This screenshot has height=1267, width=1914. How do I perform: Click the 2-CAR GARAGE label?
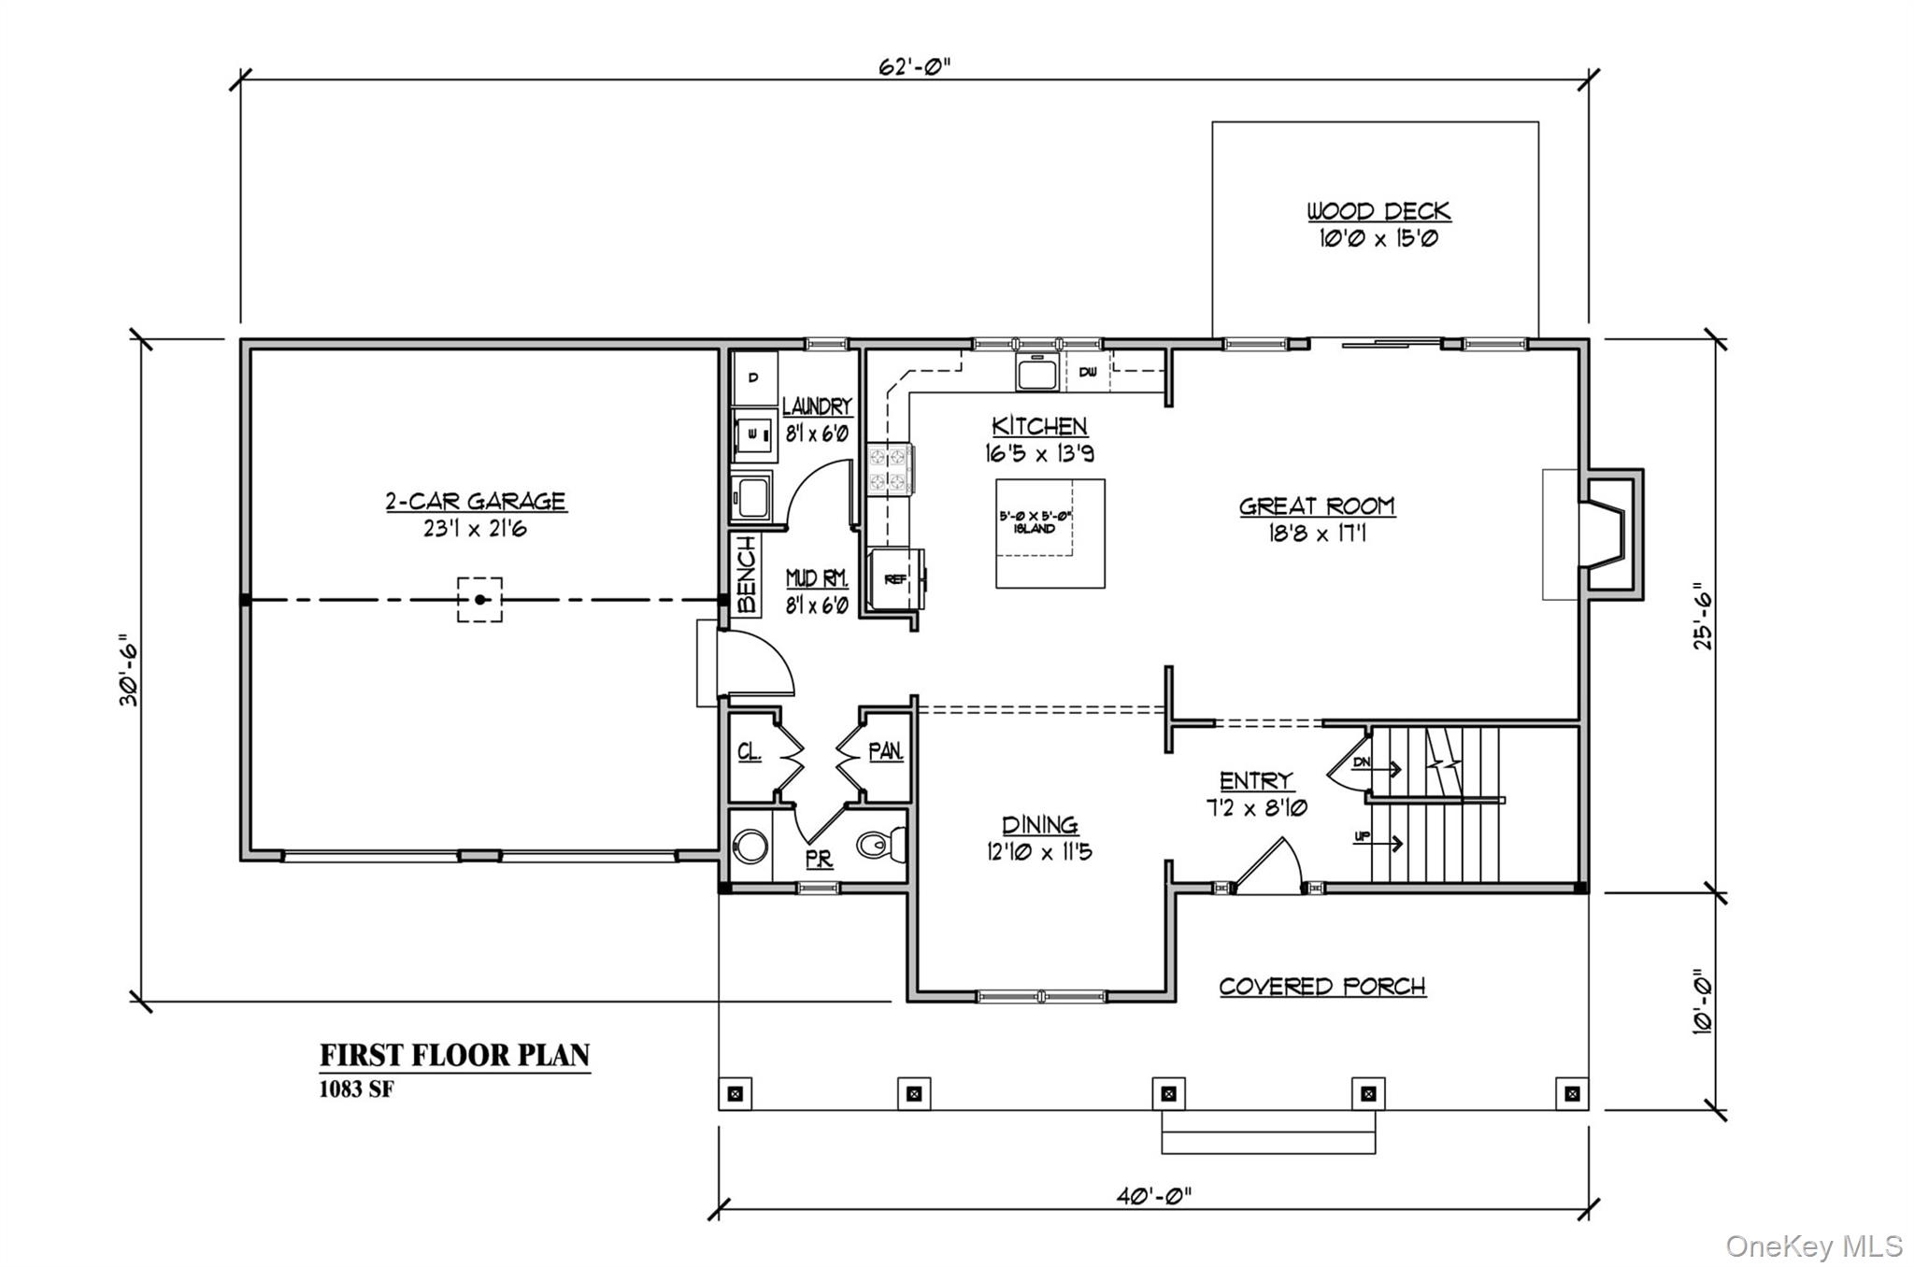click(x=476, y=502)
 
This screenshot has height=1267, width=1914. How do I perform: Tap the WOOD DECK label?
click(x=1378, y=211)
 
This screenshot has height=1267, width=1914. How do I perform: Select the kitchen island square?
click(x=1050, y=534)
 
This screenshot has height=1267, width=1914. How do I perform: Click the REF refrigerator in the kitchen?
click(x=895, y=579)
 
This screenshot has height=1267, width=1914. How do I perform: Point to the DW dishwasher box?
click(x=1088, y=373)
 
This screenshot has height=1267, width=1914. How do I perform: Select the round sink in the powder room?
click(x=750, y=847)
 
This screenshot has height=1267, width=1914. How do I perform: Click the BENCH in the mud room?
click(x=746, y=575)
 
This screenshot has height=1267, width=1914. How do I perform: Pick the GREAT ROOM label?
click(x=1317, y=506)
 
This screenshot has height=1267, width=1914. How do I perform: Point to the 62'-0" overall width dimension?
click(x=914, y=66)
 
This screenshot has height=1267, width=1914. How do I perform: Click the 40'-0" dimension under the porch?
click(x=1153, y=1195)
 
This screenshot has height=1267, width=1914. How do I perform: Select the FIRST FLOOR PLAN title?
click(x=455, y=1056)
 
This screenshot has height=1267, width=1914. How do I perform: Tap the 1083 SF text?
click(x=356, y=1089)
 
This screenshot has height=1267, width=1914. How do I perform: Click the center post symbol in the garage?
click(x=479, y=600)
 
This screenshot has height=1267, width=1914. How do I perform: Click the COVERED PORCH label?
click(x=1321, y=987)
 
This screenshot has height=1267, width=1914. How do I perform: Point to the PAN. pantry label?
click(x=885, y=751)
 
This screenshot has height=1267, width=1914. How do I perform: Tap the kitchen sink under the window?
click(x=1036, y=373)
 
